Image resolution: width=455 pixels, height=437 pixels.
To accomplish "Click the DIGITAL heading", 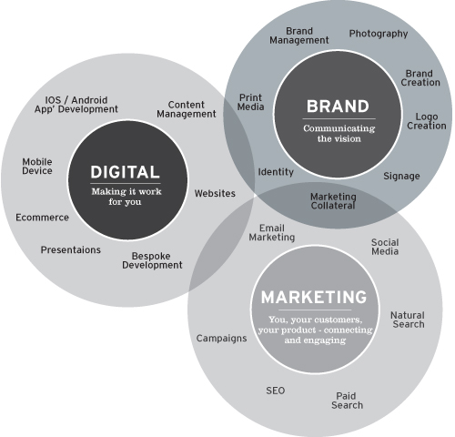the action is pyautogui.click(x=125, y=172).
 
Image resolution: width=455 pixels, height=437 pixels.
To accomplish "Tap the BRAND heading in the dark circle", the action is pyautogui.click(x=338, y=107).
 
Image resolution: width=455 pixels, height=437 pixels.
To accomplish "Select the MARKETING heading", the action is pyautogui.click(x=314, y=297).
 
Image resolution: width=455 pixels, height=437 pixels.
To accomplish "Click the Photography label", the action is pyautogui.click(x=379, y=34).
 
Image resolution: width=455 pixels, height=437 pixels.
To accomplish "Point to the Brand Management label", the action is pyautogui.click(x=299, y=36).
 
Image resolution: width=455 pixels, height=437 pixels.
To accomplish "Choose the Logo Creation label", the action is pyautogui.click(x=427, y=121).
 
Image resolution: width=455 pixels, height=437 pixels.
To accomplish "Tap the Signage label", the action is pyautogui.click(x=401, y=176).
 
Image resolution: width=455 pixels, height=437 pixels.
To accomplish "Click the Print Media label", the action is pyautogui.click(x=250, y=102).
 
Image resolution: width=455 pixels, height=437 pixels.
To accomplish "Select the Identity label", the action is pyautogui.click(x=276, y=172).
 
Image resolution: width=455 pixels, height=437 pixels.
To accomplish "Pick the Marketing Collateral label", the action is pyautogui.click(x=333, y=201).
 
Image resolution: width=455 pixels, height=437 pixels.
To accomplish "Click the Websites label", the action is pyautogui.click(x=215, y=193).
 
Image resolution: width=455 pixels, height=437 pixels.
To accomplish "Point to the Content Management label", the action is pyautogui.click(x=187, y=109).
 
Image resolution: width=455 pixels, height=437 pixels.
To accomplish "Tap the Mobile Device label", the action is pyautogui.click(x=37, y=167).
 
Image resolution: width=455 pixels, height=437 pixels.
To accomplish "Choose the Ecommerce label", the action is pyautogui.click(x=42, y=218).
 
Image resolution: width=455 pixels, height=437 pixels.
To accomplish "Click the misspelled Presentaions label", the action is pyautogui.click(x=71, y=249).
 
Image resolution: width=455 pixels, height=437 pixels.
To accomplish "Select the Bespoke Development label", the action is pyautogui.click(x=152, y=260).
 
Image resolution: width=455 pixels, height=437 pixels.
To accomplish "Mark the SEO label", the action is pyautogui.click(x=276, y=391).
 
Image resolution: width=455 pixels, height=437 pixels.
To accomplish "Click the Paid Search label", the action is pyautogui.click(x=347, y=401).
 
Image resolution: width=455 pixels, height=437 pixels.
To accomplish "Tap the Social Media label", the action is pyautogui.click(x=385, y=247).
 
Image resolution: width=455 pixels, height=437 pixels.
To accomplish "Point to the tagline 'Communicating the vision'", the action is pyautogui.click(x=339, y=134).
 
